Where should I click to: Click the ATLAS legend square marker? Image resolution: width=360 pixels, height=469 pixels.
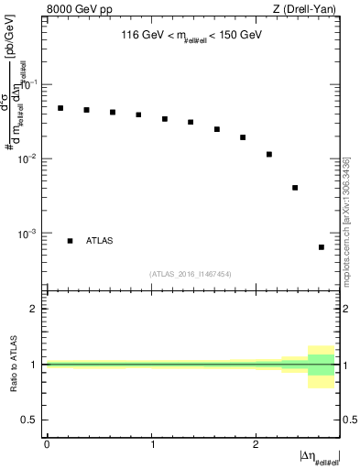[70, 241]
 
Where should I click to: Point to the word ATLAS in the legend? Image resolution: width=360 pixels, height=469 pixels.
[100, 241]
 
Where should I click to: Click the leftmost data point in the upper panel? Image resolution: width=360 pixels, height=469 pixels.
[60, 108]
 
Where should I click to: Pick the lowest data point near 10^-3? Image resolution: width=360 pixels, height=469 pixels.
[322, 247]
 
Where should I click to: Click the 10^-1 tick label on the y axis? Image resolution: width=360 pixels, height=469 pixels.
[29, 84]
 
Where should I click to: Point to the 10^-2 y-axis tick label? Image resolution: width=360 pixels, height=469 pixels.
[29, 159]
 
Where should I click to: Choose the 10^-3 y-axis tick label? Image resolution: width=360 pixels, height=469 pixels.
[29, 234]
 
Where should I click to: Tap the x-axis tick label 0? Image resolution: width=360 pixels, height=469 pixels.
[47, 444]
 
